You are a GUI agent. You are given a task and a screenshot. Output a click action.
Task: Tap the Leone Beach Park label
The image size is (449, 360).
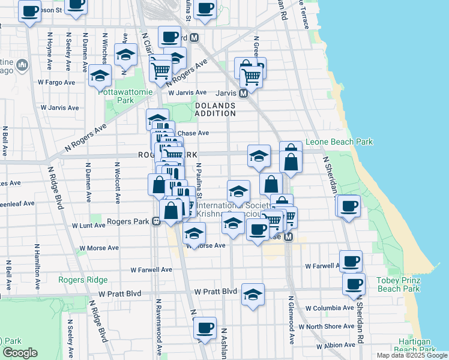339,142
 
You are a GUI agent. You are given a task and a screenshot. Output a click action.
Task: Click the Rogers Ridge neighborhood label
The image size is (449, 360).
83,280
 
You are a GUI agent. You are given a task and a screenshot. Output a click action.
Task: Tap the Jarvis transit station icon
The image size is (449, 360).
244,93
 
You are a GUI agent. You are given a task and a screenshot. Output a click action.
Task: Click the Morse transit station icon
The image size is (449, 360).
288,237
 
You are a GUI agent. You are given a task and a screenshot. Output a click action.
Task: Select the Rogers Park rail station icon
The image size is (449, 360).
155,221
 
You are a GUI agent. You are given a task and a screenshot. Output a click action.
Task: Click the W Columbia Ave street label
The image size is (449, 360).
329,308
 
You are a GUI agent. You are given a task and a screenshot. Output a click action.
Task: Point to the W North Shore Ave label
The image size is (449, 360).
330,326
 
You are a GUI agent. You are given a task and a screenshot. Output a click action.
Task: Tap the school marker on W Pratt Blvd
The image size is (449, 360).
253,295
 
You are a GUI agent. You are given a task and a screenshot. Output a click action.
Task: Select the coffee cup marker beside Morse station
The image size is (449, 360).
258,229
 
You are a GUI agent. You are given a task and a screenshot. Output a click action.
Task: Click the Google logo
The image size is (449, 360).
20,353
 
